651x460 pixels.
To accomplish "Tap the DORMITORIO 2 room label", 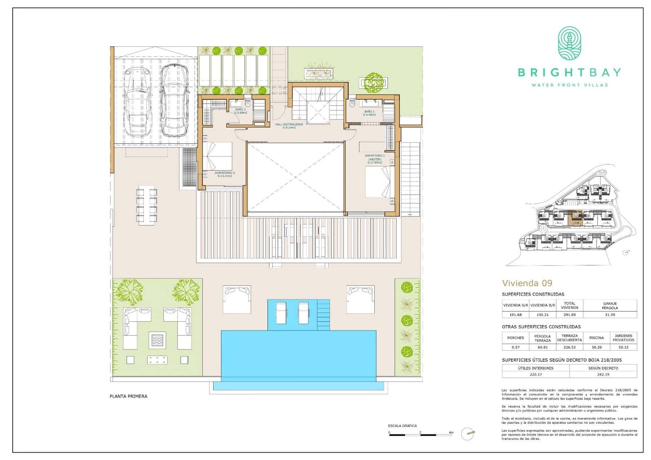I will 225,174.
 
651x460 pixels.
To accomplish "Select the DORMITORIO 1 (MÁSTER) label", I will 374,159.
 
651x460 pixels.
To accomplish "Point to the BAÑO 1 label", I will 369,113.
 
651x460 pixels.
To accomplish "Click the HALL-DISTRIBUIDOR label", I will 289,126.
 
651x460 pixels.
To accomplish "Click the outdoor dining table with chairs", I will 147,205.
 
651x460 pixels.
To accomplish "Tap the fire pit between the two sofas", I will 157,340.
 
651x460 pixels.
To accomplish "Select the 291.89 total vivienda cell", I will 569,315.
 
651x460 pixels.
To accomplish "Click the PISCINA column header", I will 597,338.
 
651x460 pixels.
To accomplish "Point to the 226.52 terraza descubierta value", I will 569,347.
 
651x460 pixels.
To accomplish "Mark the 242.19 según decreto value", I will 603,375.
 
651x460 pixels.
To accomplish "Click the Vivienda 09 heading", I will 527,283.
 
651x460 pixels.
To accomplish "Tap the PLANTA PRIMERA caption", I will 129,396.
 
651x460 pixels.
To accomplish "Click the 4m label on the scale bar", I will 450,432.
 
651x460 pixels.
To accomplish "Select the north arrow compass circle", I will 468,434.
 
